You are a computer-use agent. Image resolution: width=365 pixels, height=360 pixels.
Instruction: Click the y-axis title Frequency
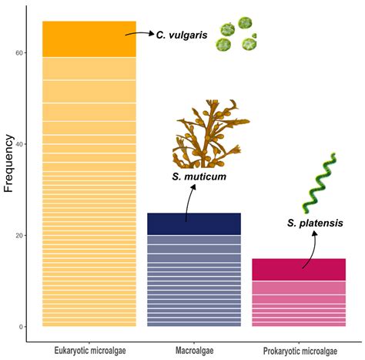(x=10, y=163)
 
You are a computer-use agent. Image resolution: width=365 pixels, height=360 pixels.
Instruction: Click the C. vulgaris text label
(x=182, y=35)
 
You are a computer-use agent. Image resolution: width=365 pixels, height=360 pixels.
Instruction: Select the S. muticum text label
(x=199, y=177)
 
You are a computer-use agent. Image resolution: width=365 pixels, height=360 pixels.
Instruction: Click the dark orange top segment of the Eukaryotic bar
(x=89, y=39)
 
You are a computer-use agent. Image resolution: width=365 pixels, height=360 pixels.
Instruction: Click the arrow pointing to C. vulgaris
(x=139, y=34)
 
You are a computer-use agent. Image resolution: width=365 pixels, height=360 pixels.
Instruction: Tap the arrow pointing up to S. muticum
(x=187, y=204)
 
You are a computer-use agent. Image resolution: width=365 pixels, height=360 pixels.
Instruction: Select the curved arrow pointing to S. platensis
(x=312, y=251)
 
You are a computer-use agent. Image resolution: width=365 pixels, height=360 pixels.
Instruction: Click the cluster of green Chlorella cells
(x=236, y=35)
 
